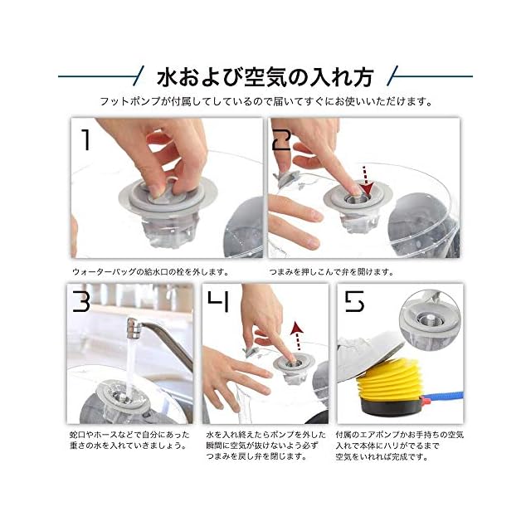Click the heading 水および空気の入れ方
click(x=265, y=77)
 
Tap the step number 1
click(x=86, y=140)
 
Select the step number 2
click(x=282, y=140)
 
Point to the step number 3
click(x=81, y=301)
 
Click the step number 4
click(x=218, y=301)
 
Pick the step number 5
click(x=354, y=301)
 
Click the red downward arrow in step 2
click(x=366, y=180)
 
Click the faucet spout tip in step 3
click(x=133, y=328)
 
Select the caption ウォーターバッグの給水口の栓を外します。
click(x=151, y=272)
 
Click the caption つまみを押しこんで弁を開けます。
click(x=332, y=272)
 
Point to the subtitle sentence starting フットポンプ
click(x=265, y=101)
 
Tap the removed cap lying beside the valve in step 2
click(x=289, y=179)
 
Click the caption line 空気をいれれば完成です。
click(x=382, y=457)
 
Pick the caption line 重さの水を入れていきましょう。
click(x=129, y=446)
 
